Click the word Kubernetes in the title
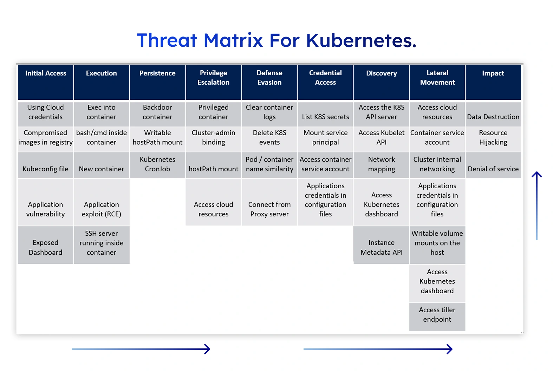pos(361,40)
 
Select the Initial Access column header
pos(46,82)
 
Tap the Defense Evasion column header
pos(269,82)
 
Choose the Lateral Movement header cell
pos(437,82)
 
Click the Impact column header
pos(493,82)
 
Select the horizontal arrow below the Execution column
pos(141,349)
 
